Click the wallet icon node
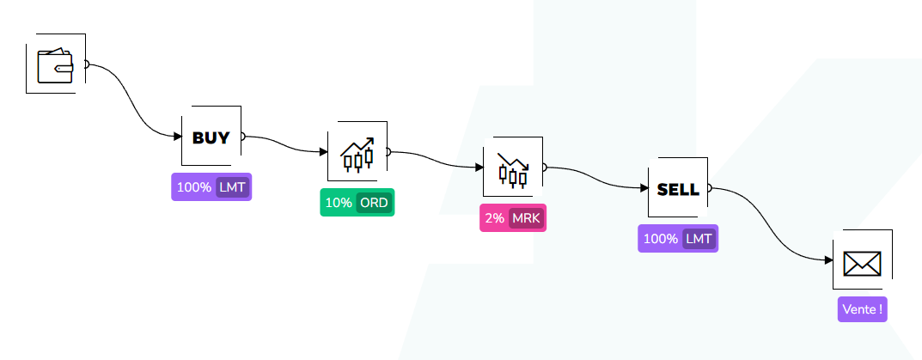click(56, 64)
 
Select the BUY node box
click(211, 137)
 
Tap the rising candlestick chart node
click(357, 152)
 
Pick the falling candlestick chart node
click(513, 168)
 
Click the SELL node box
click(677, 188)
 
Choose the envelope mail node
click(862, 260)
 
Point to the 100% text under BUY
click(194, 187)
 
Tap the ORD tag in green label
click(374, 203)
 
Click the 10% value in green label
click(339, 203)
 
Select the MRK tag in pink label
click(525, 218)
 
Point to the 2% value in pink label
click(494, 218)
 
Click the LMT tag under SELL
click(699, 239)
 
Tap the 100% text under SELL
click(660, 239)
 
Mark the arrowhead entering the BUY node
click(177, 136)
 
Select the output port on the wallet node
click(87, 64)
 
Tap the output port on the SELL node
click(709, 188)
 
